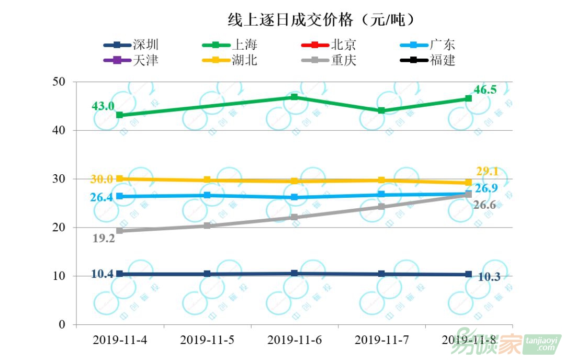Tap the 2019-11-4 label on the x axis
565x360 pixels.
(120, 340)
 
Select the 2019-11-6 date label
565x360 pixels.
(295, 340)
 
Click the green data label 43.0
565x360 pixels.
(103, 106)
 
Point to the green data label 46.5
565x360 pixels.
(485, 90)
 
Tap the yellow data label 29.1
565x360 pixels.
(487, 171)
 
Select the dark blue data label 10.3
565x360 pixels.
(489, 277)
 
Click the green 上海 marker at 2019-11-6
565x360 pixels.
(295, 97)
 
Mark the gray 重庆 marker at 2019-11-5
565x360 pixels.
(207, 226)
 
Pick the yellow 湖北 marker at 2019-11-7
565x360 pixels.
(381, 181)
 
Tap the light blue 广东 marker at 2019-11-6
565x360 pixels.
(295, 197)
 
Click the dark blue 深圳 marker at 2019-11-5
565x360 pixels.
(207, 274)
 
